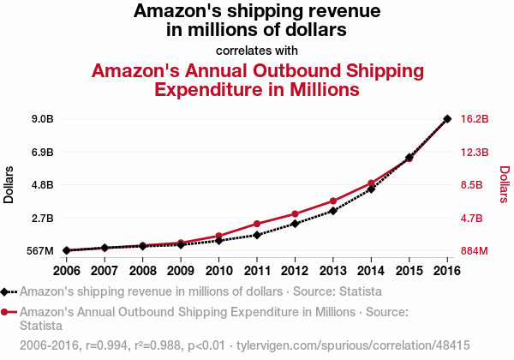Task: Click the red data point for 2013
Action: [x=333, y=201]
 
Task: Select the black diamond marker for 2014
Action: [x=371, y=189]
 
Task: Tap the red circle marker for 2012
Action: [x=295, y=213]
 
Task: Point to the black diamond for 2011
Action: [x=257, y=234]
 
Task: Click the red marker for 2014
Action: [x=371, y=183]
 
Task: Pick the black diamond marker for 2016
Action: [x=447, y=118]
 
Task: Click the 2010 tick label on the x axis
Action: [x=218, y=270]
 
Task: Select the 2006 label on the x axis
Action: [x=67, y=270]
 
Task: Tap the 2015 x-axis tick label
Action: [x=409, y=270]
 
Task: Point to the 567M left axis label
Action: [x=39, y=251]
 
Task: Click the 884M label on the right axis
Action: [x=474, y=251]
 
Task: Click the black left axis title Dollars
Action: [x=9, y=184]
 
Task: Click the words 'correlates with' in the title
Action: [x=257, y=50]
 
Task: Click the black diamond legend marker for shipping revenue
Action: [x=7, y=291]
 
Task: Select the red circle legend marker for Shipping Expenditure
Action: [x=7, y=311]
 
